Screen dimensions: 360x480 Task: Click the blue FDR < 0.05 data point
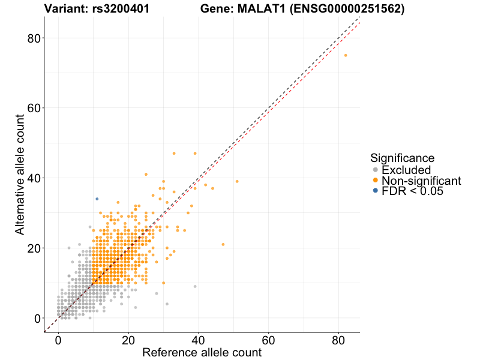coord(97,199)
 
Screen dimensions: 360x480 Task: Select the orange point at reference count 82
coord(346,55)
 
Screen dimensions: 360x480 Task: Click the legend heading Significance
coord(402,158)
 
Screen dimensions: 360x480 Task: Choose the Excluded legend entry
coord(406,170)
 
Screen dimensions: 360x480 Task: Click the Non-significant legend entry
coord(421,181)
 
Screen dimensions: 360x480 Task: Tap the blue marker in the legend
coord(376,191)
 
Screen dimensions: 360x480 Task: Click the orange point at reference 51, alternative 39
coord(237,181)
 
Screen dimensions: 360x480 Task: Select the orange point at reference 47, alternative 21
coord(223,244)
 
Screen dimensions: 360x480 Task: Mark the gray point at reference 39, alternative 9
coord(195,286)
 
